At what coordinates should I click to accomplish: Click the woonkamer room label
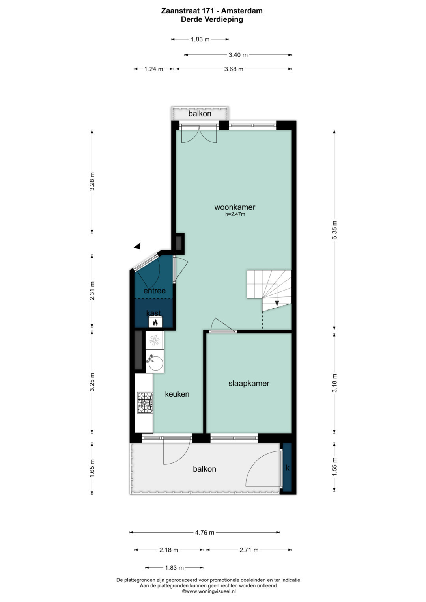point(235,207)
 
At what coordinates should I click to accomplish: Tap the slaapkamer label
point(249,383)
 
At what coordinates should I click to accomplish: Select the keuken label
point(177,394)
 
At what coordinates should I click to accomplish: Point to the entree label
point(154,291)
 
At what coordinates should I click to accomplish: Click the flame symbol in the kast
point(155,322)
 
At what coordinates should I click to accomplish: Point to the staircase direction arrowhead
point(277,303)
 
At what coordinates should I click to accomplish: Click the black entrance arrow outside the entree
point(137,246)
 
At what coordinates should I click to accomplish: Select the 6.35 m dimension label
point(334,230)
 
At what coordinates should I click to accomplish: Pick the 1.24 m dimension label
point(153,69)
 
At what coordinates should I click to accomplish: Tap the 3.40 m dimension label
point(238,55)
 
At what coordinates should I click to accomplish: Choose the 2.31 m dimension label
point(92,291)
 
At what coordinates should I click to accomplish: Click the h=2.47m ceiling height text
point(235,214)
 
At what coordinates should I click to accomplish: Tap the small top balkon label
point(200,114)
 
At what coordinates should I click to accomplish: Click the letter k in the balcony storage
point(288,468)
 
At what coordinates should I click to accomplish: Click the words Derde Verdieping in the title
point(212,19)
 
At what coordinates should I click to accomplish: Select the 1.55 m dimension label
point(334,466)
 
